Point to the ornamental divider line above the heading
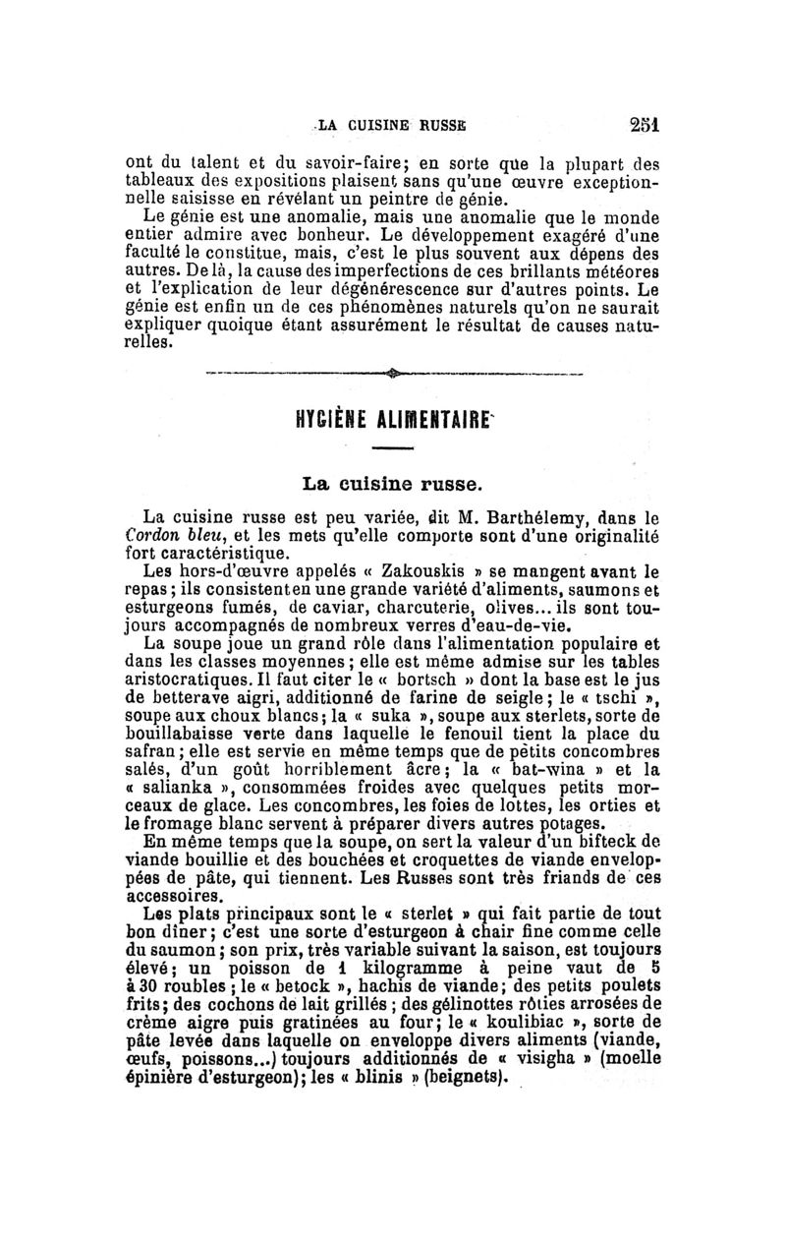(x=393, y=373)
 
